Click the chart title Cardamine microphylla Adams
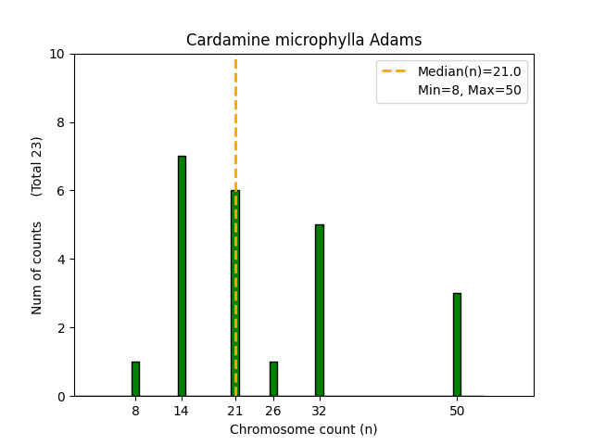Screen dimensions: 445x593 tap(304, 40)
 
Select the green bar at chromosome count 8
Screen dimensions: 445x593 tap(135, 379)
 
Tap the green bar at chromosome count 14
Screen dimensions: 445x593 tap(182, 276)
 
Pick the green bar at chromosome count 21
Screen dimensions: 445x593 tap(235, 293)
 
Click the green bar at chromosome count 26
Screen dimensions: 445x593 tap(273, 379)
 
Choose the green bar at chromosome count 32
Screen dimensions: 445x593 tap(320, 311)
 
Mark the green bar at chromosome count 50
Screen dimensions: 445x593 tap(457, 345)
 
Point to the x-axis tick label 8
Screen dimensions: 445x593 tap(135, 411)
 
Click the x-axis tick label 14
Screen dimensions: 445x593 tap(182, 411)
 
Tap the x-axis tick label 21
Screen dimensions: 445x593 tap(235, 411)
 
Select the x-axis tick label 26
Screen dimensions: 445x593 tap(273, 411)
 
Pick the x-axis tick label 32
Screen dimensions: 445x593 tap(320, 411)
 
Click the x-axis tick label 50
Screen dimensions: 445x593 tap(457, 411)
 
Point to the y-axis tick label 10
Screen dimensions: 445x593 tap(57, 54)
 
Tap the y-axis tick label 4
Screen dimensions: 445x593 tap(61, 260)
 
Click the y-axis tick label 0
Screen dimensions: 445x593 tap(61, 397)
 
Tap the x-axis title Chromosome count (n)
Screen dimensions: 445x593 tap(304, 429)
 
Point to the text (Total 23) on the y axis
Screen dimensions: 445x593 tap(37, 166)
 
